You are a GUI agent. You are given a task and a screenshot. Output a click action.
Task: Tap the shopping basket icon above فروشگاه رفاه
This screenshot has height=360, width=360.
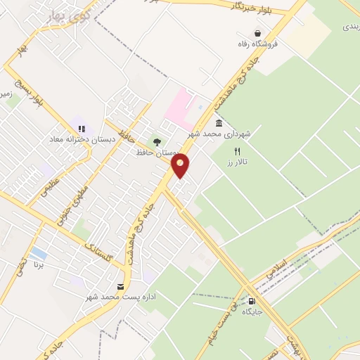pyautogui.click(x=257, y=32)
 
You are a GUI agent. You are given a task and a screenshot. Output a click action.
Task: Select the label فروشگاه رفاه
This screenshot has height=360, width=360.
pyautogui.click(x=259, y=44)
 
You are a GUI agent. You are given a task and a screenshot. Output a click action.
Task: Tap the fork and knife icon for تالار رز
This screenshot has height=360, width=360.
pyautogui.click(x=237, y=151)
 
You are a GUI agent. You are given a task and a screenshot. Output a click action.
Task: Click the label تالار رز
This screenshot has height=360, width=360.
pyautogui.click(x=238, y=162)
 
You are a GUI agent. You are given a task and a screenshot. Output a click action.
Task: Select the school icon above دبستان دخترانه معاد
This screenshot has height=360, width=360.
pyautogui.click(x=82, y=129)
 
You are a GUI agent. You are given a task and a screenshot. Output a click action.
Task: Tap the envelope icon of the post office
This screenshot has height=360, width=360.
pyautogui.click(x=120, y=286)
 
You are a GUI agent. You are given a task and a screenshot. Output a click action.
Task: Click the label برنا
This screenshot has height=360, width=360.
pyautogui.click(x=39, y=265)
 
